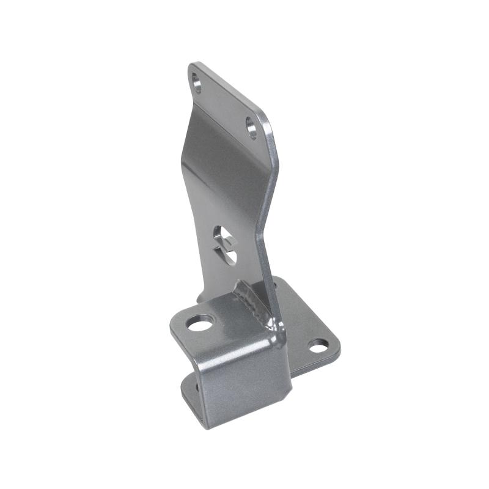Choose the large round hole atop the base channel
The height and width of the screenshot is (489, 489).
[200, 322]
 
